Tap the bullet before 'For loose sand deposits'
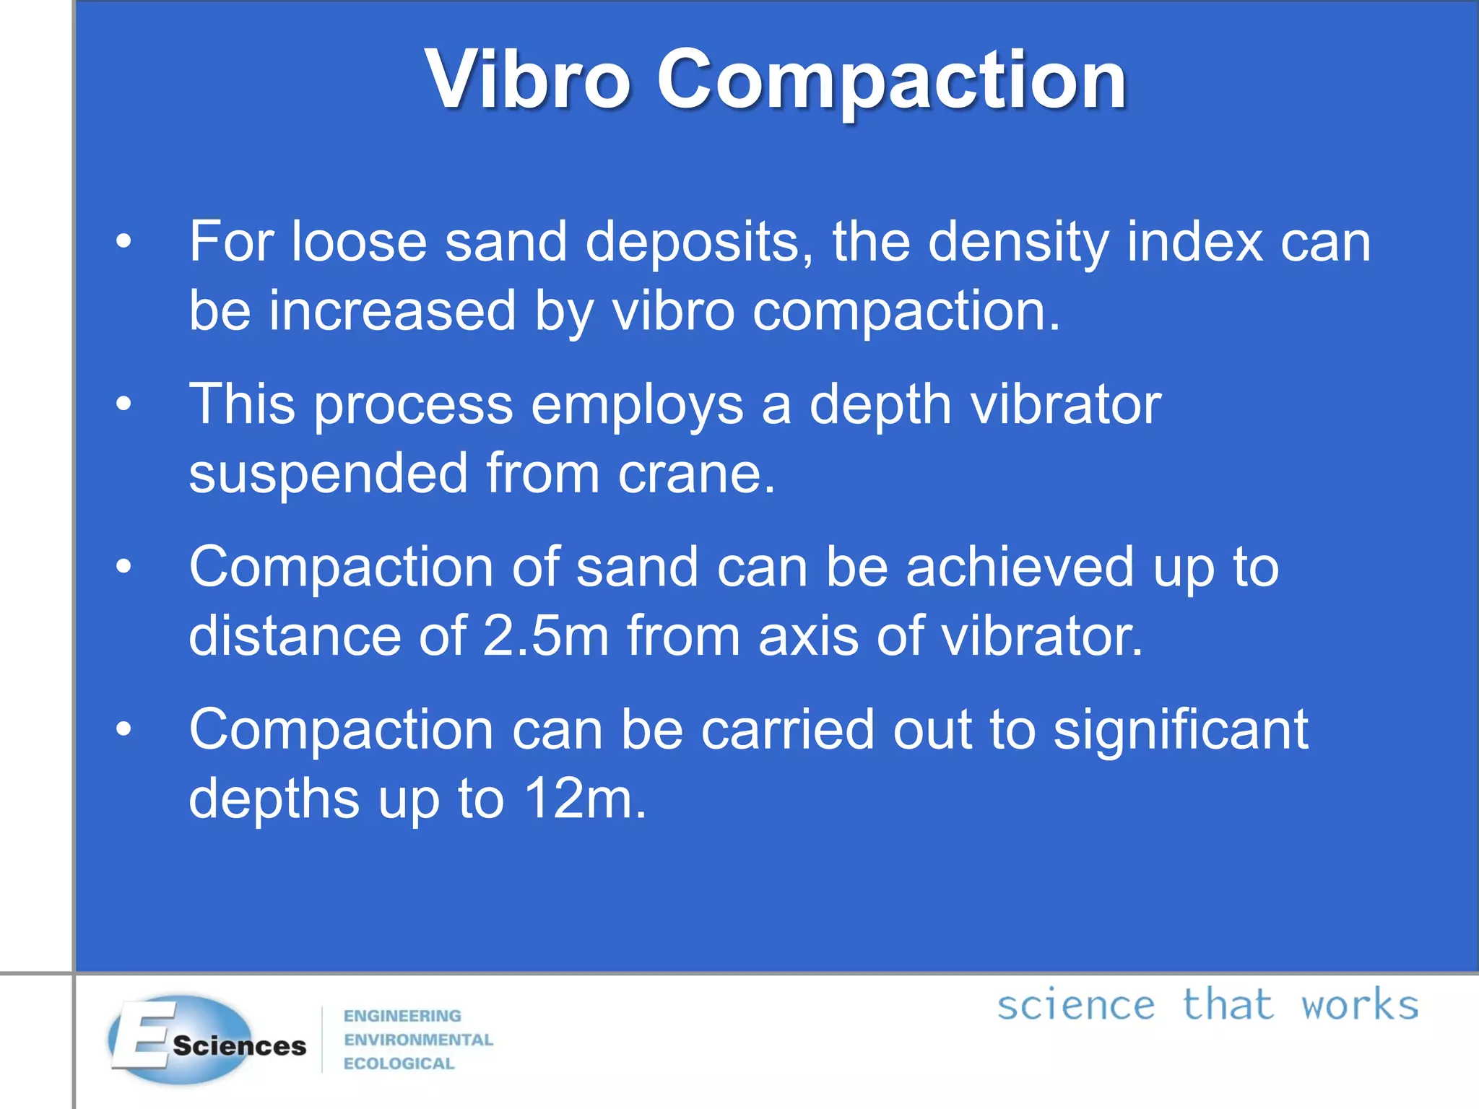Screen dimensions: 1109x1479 pos(124,241)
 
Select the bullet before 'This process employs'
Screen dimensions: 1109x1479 pos(124,404)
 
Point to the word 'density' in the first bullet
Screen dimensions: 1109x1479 pos(1018,243)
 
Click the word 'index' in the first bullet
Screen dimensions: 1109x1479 pos(1194,241)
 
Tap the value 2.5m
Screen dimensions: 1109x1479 pos(546,635)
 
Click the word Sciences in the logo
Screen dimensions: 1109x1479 pos(240,1045)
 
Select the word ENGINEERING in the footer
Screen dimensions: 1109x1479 pos(402,1016)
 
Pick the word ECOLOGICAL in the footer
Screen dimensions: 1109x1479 pos(399,1064)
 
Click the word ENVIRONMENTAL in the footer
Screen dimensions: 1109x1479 pos(418,1040)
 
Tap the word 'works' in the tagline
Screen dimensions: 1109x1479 pos(1359,1004)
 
